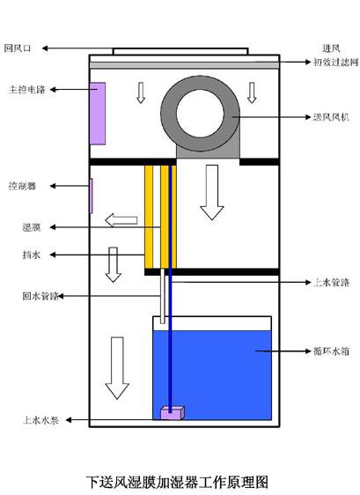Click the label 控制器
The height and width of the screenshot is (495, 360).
pos(21,186)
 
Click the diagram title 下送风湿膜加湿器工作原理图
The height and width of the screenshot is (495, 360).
pos(176,482)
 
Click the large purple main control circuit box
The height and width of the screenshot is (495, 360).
pos(97,113)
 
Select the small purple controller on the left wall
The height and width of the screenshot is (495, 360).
pos(91,196)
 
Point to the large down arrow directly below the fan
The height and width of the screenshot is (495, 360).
pos(212,192)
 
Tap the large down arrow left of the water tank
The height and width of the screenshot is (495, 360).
pos(115,366)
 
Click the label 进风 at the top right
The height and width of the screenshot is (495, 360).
pos(331,48)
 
